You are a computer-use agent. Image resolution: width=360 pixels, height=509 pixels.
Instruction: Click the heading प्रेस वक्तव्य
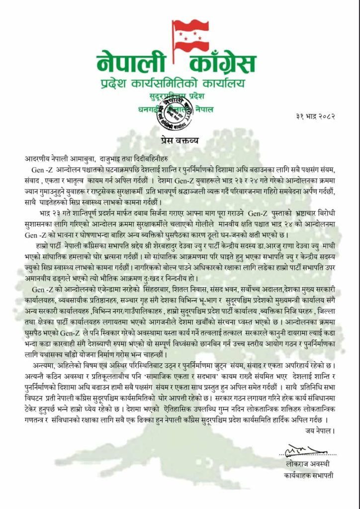coord(180,140)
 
